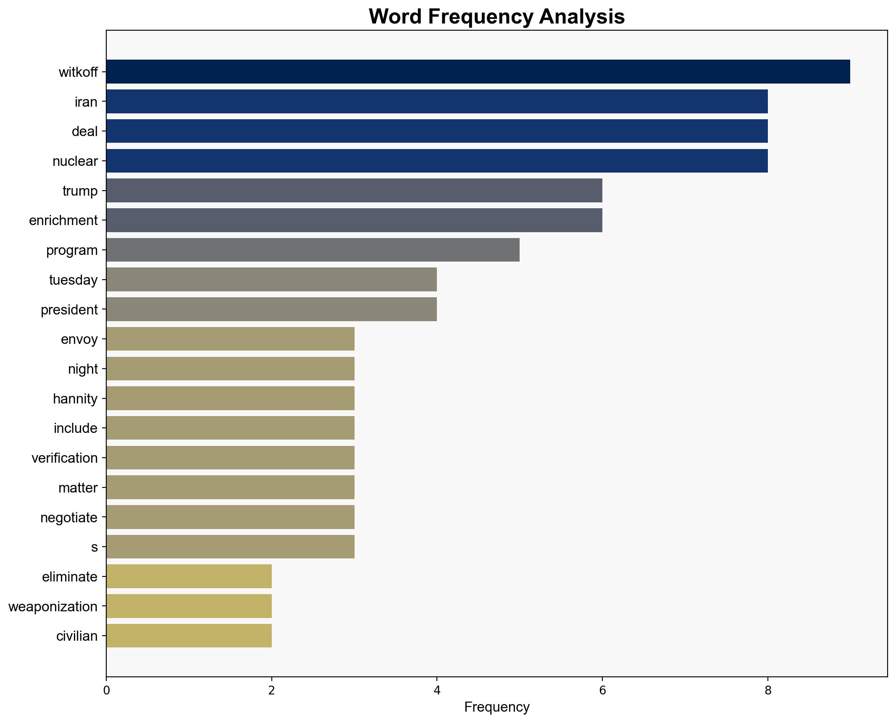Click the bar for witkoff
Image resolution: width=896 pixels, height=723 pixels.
tap(478, 72)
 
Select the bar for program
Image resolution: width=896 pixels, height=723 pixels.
tap(313, 250)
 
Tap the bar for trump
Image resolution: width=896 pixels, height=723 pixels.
tap(354, 191)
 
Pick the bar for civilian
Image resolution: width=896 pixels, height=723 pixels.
tap(189, 636)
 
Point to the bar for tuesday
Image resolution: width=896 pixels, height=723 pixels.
tap(271, 280)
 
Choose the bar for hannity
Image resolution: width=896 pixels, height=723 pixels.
tap(230, 398)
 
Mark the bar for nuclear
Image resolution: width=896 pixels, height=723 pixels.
tap(437, 161)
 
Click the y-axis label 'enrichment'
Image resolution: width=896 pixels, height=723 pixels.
tap(63, 220)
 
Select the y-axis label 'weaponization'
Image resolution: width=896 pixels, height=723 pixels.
tap(53, 607)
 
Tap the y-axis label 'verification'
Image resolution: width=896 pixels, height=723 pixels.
tap(65, 458)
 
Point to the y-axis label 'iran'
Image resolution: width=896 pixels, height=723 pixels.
tap(86, 102)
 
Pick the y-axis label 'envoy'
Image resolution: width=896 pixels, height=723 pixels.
tap(79, 339)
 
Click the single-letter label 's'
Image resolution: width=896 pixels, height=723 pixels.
tap(95, 547)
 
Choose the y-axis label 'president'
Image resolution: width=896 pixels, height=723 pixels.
tap(69, 310)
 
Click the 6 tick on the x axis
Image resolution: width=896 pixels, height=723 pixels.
tap(602, 691)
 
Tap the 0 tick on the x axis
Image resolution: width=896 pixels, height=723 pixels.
tap(106, 691)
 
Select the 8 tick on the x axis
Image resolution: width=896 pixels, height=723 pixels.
tap(768, 691)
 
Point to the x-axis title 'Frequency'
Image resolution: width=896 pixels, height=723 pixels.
tap(497, 707)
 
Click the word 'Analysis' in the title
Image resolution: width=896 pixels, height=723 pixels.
tap(582, 17)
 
